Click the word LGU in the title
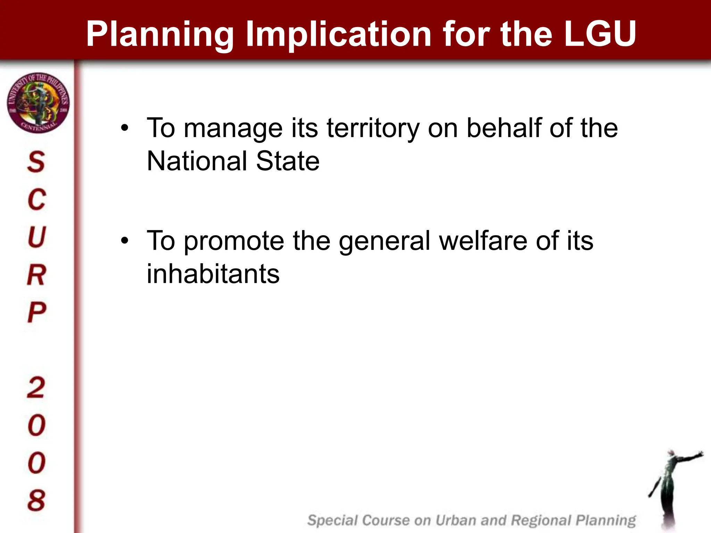(x=600, y=34)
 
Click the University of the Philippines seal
(x=38, y=103)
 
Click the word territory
(x=373, y=128)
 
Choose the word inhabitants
(x=213, y=274)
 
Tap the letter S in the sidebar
(x=36, y=162)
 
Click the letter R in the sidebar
(x=36, y=275)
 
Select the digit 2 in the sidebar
(x=36, y=387)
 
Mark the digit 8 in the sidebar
(x=36, y=500)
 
